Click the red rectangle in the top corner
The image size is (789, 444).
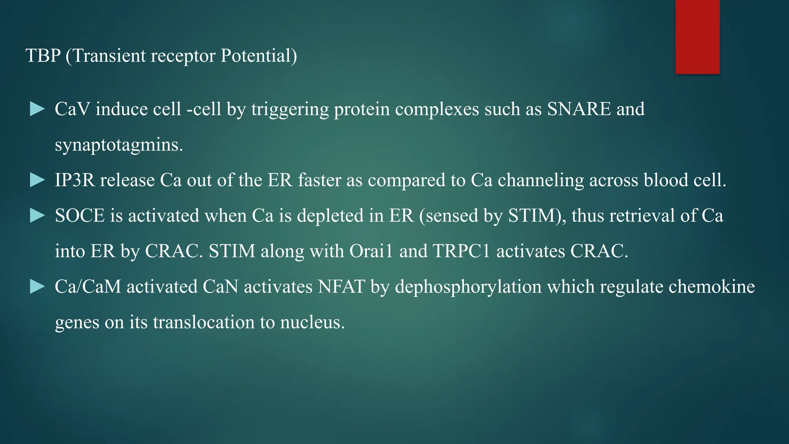(697, 37)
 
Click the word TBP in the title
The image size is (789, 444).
(43, 56)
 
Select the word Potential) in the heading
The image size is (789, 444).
(259, 56)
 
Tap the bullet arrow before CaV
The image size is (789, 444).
(37, 109)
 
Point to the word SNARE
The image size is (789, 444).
(579, 109)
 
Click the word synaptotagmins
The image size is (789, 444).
(119, 145)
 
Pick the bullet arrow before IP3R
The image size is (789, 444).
(37, 180)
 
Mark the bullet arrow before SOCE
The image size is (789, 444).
(37, 215)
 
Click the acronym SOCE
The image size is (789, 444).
(80, 216)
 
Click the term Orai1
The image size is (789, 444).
(371, 251)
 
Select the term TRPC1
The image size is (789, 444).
(462, 251)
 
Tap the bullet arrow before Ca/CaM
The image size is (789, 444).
(37, 286)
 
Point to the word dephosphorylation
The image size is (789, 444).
(468, 287)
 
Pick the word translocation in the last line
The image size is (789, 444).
(204, 322)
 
